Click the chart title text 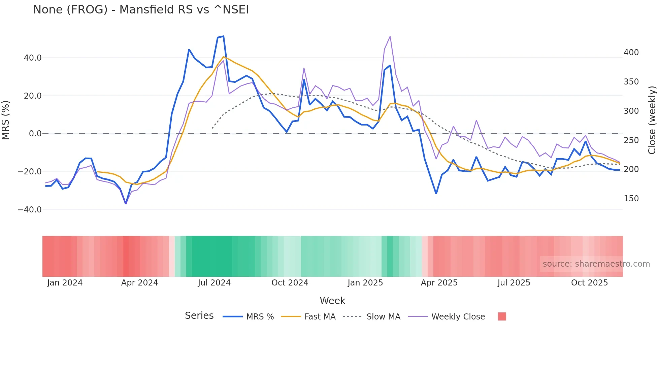pos(141,10)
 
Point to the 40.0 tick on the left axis pos(33,58)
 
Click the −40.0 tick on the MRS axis pos(30,210)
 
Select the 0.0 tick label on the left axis pos(35,134)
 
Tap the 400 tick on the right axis pos(631,53)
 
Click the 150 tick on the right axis pos(631,199)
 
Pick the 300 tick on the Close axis pos(631,111)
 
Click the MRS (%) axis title pos(6,120)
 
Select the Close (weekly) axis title pos(652,120)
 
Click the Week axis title pos(332,301)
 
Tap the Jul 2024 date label pos(214,283)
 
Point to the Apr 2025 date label pos(439,283)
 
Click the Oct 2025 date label pos(589,283)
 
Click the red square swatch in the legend pos(502,316)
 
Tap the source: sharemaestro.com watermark pos(596,264)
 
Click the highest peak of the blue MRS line pos(223,36)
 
